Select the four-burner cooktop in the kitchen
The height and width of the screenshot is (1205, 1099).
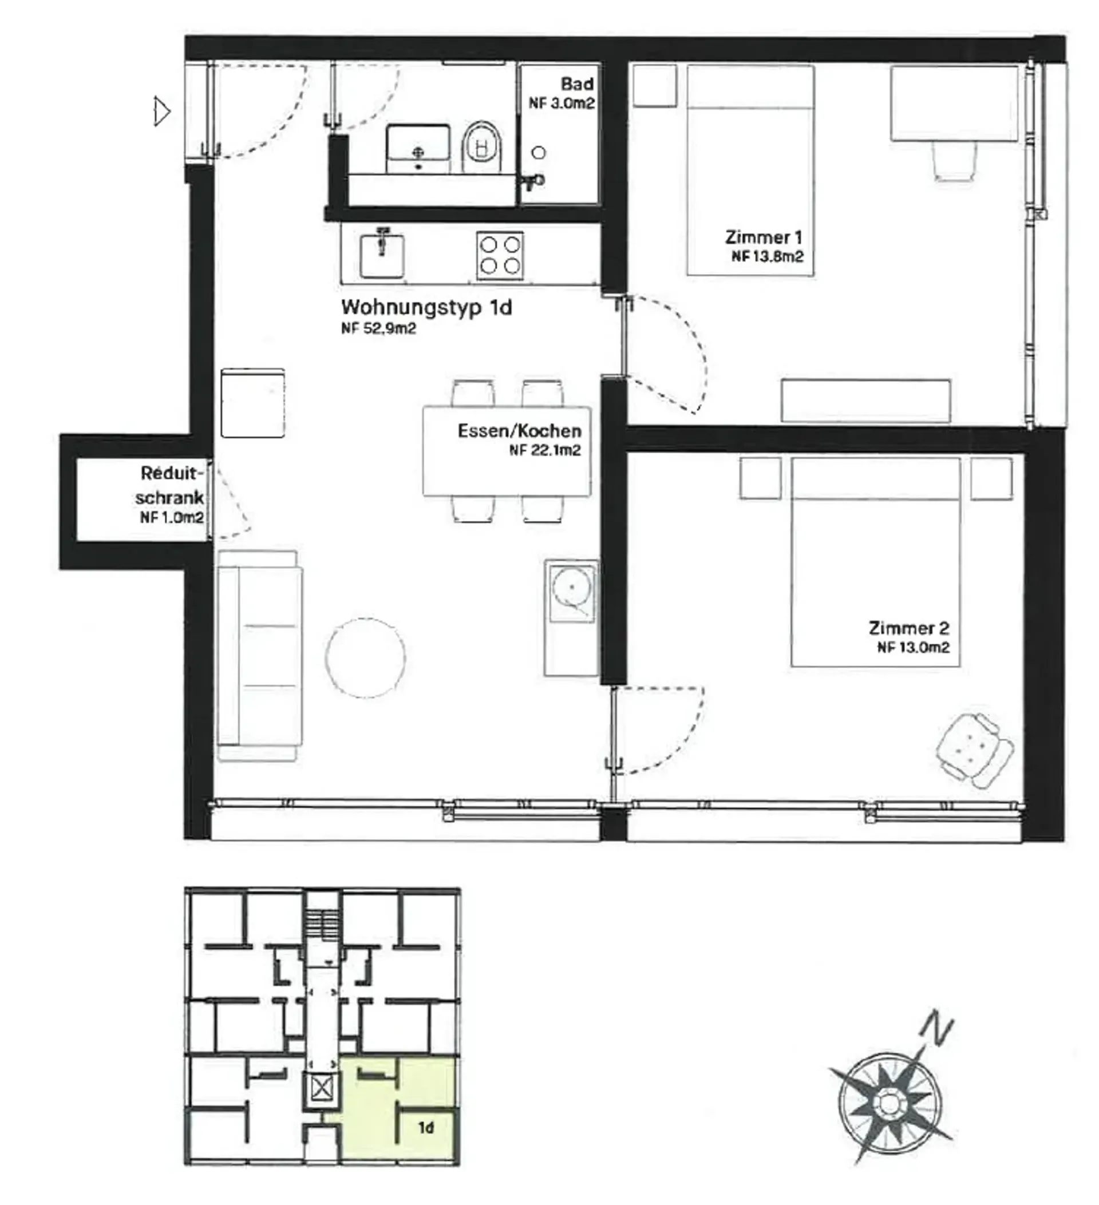click(500, 255)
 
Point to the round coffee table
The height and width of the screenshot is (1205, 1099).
click(365, 657)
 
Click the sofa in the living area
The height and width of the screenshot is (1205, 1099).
click(259, 656)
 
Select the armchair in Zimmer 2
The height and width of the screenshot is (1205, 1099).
click(975, 750)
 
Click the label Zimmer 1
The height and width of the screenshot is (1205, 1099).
click(764, 237)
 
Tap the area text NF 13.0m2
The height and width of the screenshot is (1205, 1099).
click(913, 647)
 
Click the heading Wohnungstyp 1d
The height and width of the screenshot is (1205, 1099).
click(426, 307)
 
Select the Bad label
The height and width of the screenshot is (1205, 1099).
click(577, 84)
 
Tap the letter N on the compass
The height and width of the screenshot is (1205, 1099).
click(936, 1027)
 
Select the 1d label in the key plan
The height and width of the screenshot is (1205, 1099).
click(426, 1128)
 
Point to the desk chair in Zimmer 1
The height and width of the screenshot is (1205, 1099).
click(955, 160)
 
